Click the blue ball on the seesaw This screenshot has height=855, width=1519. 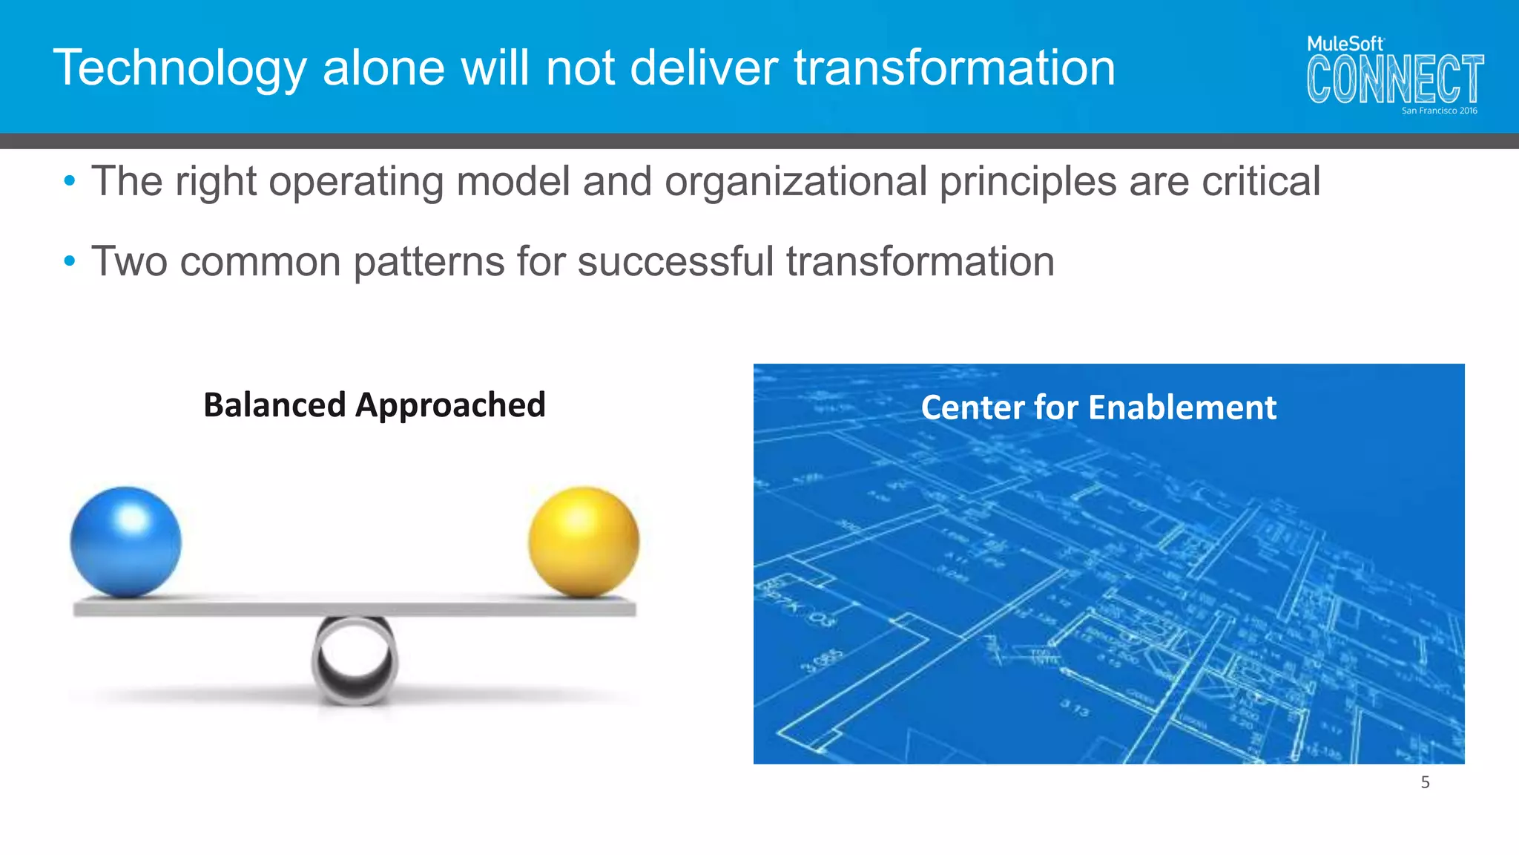pos(125,542)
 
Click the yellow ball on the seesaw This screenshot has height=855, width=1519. pos(584,542)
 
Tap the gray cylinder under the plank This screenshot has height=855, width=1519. pos(355,659)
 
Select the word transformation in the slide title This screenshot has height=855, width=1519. pos(955,68)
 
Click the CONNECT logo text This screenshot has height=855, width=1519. pos(1394,79)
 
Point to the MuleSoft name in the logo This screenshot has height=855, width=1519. pos(1345,44)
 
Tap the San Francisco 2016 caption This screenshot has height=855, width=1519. pos(1439,111)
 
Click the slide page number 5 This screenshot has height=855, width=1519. pos(1425,782)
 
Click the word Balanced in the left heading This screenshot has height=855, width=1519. pos(274,405)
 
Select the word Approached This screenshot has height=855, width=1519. pos(450,405)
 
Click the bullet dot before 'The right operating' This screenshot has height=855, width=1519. pos(70,180)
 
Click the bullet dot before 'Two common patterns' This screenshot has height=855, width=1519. pos(70,261)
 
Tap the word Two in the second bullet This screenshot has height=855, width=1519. pos(129,261)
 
